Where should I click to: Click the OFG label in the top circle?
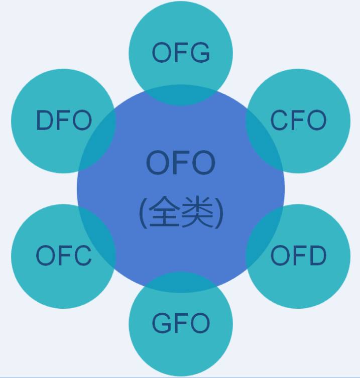click(181, 53)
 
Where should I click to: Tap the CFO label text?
click(298, 120)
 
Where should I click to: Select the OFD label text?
click(298, 256)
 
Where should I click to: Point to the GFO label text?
click(181, 323)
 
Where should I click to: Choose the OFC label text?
click(64, 256)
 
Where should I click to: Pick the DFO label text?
click(64, 120)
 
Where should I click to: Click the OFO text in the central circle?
click(181, 163)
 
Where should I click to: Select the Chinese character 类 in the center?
click(197, 212)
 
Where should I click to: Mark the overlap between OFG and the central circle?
click(181, 95)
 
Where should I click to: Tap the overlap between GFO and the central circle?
click(181, 282)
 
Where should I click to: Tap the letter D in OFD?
click(316, 256)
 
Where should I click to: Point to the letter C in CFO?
click(280, 120)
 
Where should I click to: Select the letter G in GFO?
click(162, 323)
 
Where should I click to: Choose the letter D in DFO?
click(45, 120)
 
